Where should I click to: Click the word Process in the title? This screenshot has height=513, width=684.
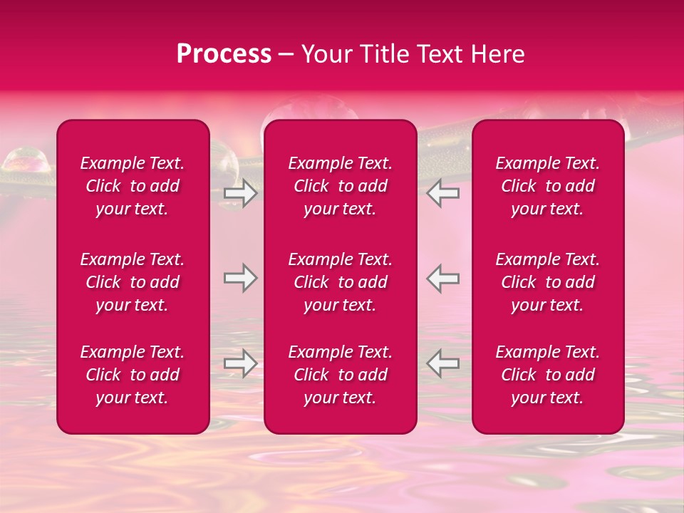coord(224,54)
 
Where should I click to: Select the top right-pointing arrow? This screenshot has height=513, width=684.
coord(241,193)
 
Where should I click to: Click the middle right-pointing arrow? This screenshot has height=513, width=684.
coord(241,279)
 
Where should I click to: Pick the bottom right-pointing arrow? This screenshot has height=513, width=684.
coord(241,363)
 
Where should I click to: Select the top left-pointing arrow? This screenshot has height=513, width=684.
coord(442,193)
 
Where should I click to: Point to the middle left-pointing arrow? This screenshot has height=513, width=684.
coord(442,279)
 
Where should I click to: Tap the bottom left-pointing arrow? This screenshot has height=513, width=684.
coord(442,363)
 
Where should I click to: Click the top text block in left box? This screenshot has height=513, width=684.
coord(133,186)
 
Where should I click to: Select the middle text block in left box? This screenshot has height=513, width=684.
coord(133,282)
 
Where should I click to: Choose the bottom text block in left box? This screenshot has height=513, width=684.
coord(133,375)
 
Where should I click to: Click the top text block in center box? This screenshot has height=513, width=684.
coord(340,186)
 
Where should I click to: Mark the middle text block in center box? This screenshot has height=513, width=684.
coord(340,282)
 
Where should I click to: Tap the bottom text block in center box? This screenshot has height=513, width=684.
coord(340,375)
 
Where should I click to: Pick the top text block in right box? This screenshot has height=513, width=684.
coord(547,186)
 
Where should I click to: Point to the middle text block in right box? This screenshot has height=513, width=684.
coord(547,282)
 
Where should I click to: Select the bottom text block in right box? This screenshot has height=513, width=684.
coord(547,375)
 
